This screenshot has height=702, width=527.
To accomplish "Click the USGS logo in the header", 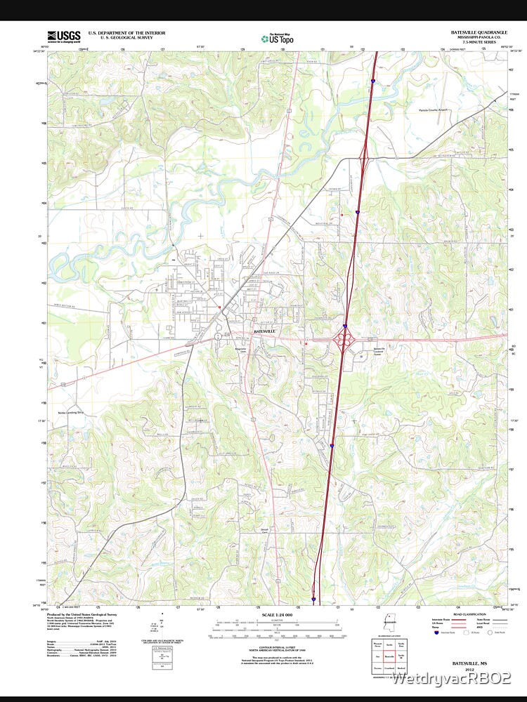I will pos(63,36).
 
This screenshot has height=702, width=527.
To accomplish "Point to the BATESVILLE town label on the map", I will pos(264,331).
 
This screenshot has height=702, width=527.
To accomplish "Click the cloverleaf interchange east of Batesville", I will pos(344,339).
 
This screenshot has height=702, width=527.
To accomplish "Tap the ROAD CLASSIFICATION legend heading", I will pos(469,614).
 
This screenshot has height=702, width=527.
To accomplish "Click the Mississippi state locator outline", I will pos(389,624).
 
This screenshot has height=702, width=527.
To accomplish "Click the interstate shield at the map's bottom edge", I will pos(313,600).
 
